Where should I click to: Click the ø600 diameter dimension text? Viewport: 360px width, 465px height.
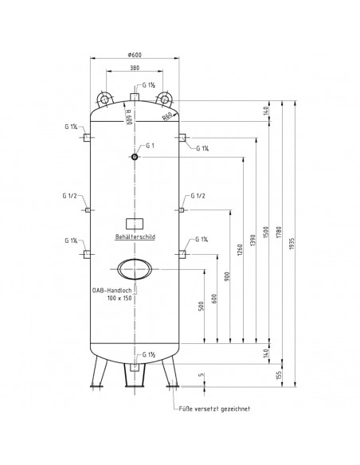[135, 55]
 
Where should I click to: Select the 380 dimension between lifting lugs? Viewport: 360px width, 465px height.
[135, 68]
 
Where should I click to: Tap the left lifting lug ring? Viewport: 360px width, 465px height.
[104, 100]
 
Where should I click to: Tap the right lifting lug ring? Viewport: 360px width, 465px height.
[165, 100]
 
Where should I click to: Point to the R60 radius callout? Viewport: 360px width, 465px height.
[167, 116]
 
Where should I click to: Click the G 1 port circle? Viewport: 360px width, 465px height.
[135, 157]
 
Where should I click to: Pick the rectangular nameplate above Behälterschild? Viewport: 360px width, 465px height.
[135, 224]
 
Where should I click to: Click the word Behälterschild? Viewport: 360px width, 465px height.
[135, 236]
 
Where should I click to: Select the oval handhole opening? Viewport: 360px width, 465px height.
[135, 269]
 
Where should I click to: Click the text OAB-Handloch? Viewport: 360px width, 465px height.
[112, 291]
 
